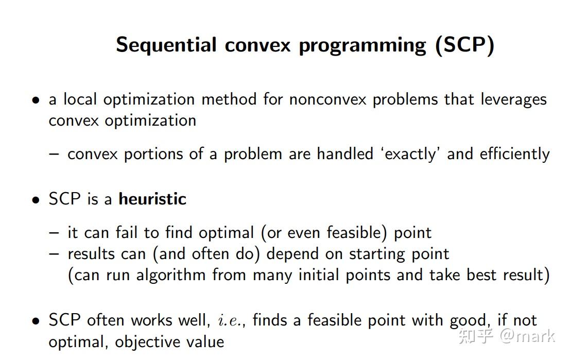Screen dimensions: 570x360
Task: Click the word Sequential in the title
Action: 166,45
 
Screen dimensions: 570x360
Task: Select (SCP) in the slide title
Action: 464,45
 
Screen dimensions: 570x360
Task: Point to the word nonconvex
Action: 327,99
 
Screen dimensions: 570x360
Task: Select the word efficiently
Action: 514,154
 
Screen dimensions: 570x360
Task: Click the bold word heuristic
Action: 152,199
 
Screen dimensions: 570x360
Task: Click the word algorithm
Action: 171,275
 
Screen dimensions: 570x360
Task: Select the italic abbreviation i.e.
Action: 229,320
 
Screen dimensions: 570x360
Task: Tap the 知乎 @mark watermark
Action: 506,336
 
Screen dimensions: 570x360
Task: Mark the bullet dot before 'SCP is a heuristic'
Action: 36,200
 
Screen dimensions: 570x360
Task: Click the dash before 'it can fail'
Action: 54,233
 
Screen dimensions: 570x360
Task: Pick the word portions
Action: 153,155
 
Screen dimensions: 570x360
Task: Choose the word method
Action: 229,99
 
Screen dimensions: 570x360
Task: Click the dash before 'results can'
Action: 54,254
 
